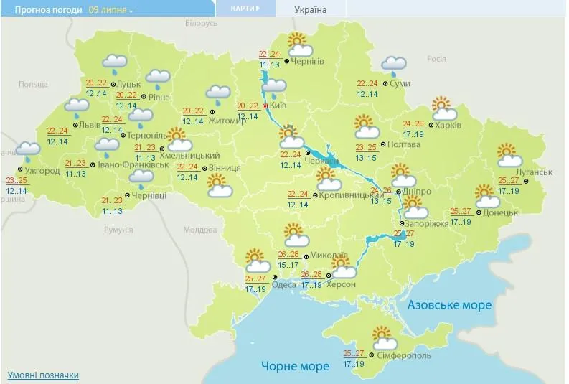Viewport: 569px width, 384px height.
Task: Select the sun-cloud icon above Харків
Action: click(x=445, y=108)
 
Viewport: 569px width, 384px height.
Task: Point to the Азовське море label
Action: click(x=450, y=305)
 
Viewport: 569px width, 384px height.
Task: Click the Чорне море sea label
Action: click(x=295, y=366)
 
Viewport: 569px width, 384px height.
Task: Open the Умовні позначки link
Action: click(x=43, y=375)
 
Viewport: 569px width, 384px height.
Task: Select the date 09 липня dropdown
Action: click(x=111, y=11)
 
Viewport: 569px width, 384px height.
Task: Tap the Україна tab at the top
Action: click(x=310, y=10)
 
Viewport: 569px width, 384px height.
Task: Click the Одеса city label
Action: click(x=285, y=284)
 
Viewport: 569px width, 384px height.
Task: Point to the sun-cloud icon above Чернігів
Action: click(x=300, y=45)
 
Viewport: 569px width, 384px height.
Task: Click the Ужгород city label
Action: click(x=44, y=171)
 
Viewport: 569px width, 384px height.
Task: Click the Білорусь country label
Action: click(x=201, y=24)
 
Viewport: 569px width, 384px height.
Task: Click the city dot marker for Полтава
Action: click(x=382, y=144)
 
